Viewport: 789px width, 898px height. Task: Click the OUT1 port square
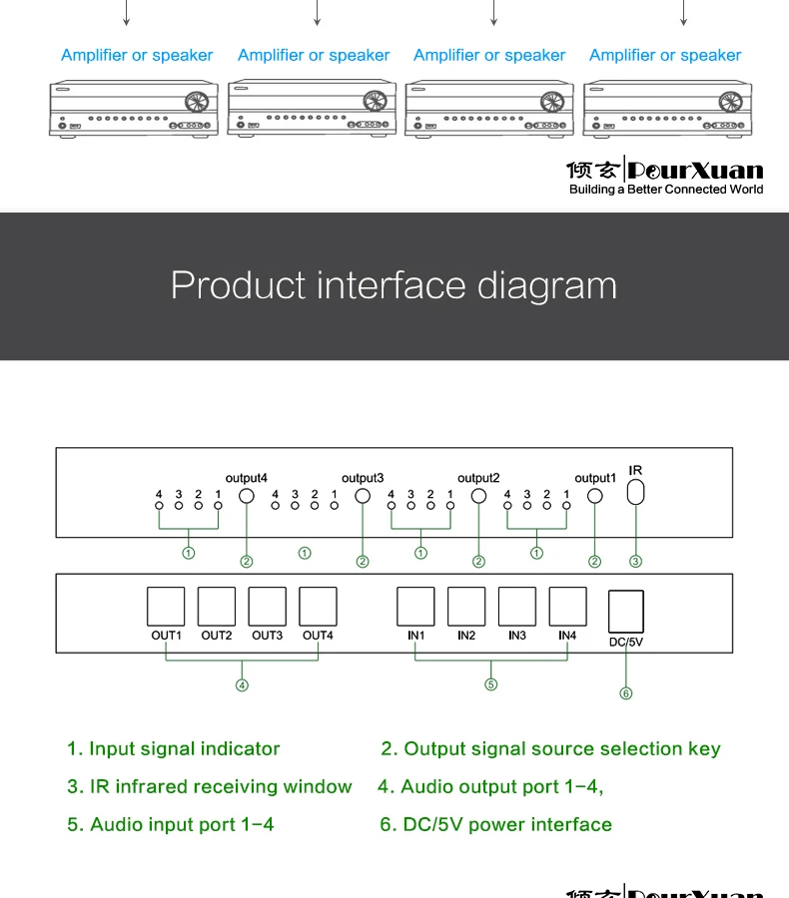pyautogui.click(x=167, y=606)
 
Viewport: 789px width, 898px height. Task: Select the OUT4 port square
pyautogui.click(x=318, y=606)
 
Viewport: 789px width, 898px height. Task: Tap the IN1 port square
pyautogui.click(x=416, y=606)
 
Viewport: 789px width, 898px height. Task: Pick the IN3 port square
pyautogui.click(x=517, y=606)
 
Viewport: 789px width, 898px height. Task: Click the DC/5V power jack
pyautogui.click(x=626, y=610)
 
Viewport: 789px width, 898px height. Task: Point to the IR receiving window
pyautogui.click(x=636, y=492)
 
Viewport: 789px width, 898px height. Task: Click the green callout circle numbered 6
pyautogui.click(x=626, y=693)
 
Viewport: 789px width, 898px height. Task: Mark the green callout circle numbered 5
pyautogui.click(x=491, y=684)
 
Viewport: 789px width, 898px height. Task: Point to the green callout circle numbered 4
pyautogui.click(x=242, y=684)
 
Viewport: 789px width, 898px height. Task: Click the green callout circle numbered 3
pyautogui.click(x=635, y=562)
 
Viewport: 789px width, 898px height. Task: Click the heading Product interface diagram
pyautogui.click(x=394, y=285)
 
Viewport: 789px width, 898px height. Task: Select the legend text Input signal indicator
pyautogui.click(x=184, y=748)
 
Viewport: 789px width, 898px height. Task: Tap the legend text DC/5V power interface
pyautogui.click(x=507, y=824)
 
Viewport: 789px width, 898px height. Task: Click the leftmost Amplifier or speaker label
pyautogui.click(x=137, y=56)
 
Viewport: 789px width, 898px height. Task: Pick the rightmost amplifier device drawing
pyautogui.click(x=665, y=110)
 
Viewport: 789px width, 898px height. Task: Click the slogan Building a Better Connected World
pyautogui.click(x=665, y=190)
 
